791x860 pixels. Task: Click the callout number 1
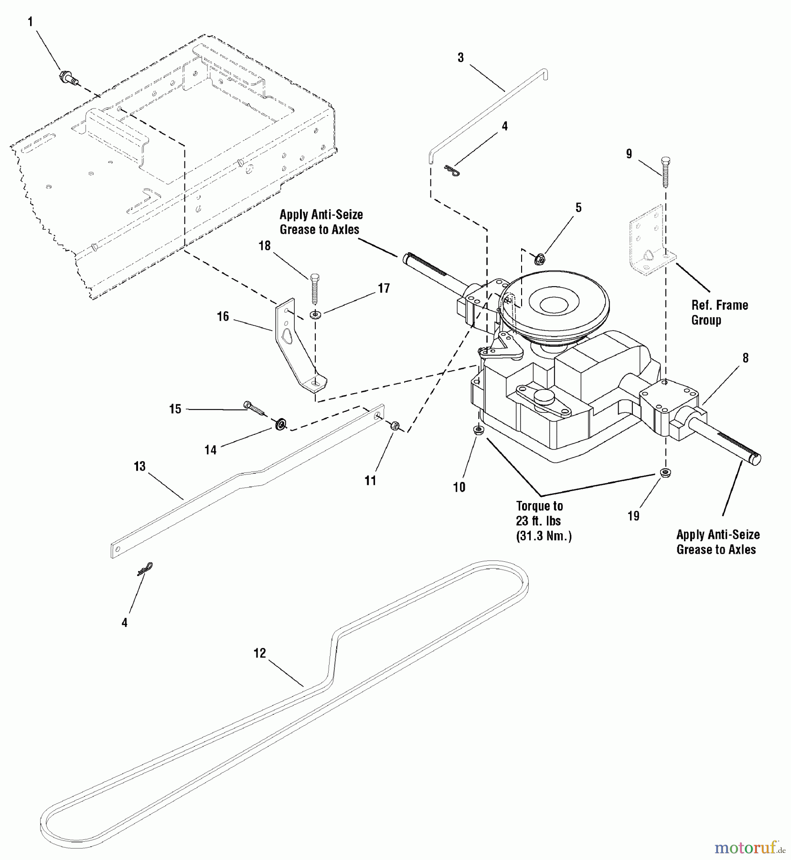click(x=31, y=22)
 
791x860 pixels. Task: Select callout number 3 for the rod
click(x=460, y=58)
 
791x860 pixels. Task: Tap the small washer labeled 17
click(x=315, y=315)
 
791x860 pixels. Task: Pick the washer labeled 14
click(x=281, y=423)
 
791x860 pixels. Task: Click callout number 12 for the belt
click(x=260, y=653)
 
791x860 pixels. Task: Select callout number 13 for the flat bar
click(x=139, y=466)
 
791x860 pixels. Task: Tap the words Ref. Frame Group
click(x=719, y=312)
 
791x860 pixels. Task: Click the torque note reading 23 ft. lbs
click(x=538, y=521)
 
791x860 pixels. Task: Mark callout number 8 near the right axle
click(x=745, y=358)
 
